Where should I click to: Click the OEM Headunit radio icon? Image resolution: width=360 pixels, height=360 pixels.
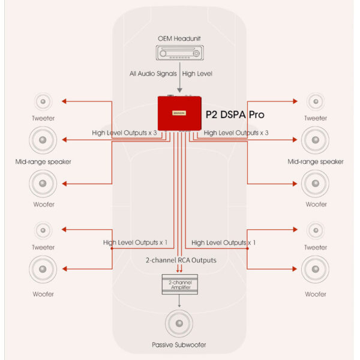pos(179,53)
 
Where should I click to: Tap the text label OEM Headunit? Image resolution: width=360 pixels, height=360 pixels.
pos(179,39)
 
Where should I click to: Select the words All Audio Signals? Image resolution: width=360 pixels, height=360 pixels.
pos(152,74)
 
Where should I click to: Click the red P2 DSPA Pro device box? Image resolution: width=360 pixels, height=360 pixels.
pos(179,113)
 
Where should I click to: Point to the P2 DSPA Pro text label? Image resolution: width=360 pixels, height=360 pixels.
pos(235,114)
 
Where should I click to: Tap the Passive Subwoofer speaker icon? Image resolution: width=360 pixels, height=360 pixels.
pos(179,325)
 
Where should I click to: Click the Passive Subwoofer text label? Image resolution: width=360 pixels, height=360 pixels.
pos(179,346)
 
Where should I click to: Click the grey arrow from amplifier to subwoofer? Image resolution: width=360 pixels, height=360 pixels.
pos(179,302)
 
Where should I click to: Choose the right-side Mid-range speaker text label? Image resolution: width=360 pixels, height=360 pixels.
pos(316,161)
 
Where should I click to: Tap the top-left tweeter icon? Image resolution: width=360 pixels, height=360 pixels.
pos(43,101)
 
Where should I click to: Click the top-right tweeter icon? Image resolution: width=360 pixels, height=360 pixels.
pos(316,101)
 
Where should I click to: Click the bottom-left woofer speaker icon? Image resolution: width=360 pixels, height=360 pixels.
pos(43,270)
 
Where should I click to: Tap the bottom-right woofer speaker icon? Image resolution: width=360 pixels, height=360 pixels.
pos(316,270)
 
